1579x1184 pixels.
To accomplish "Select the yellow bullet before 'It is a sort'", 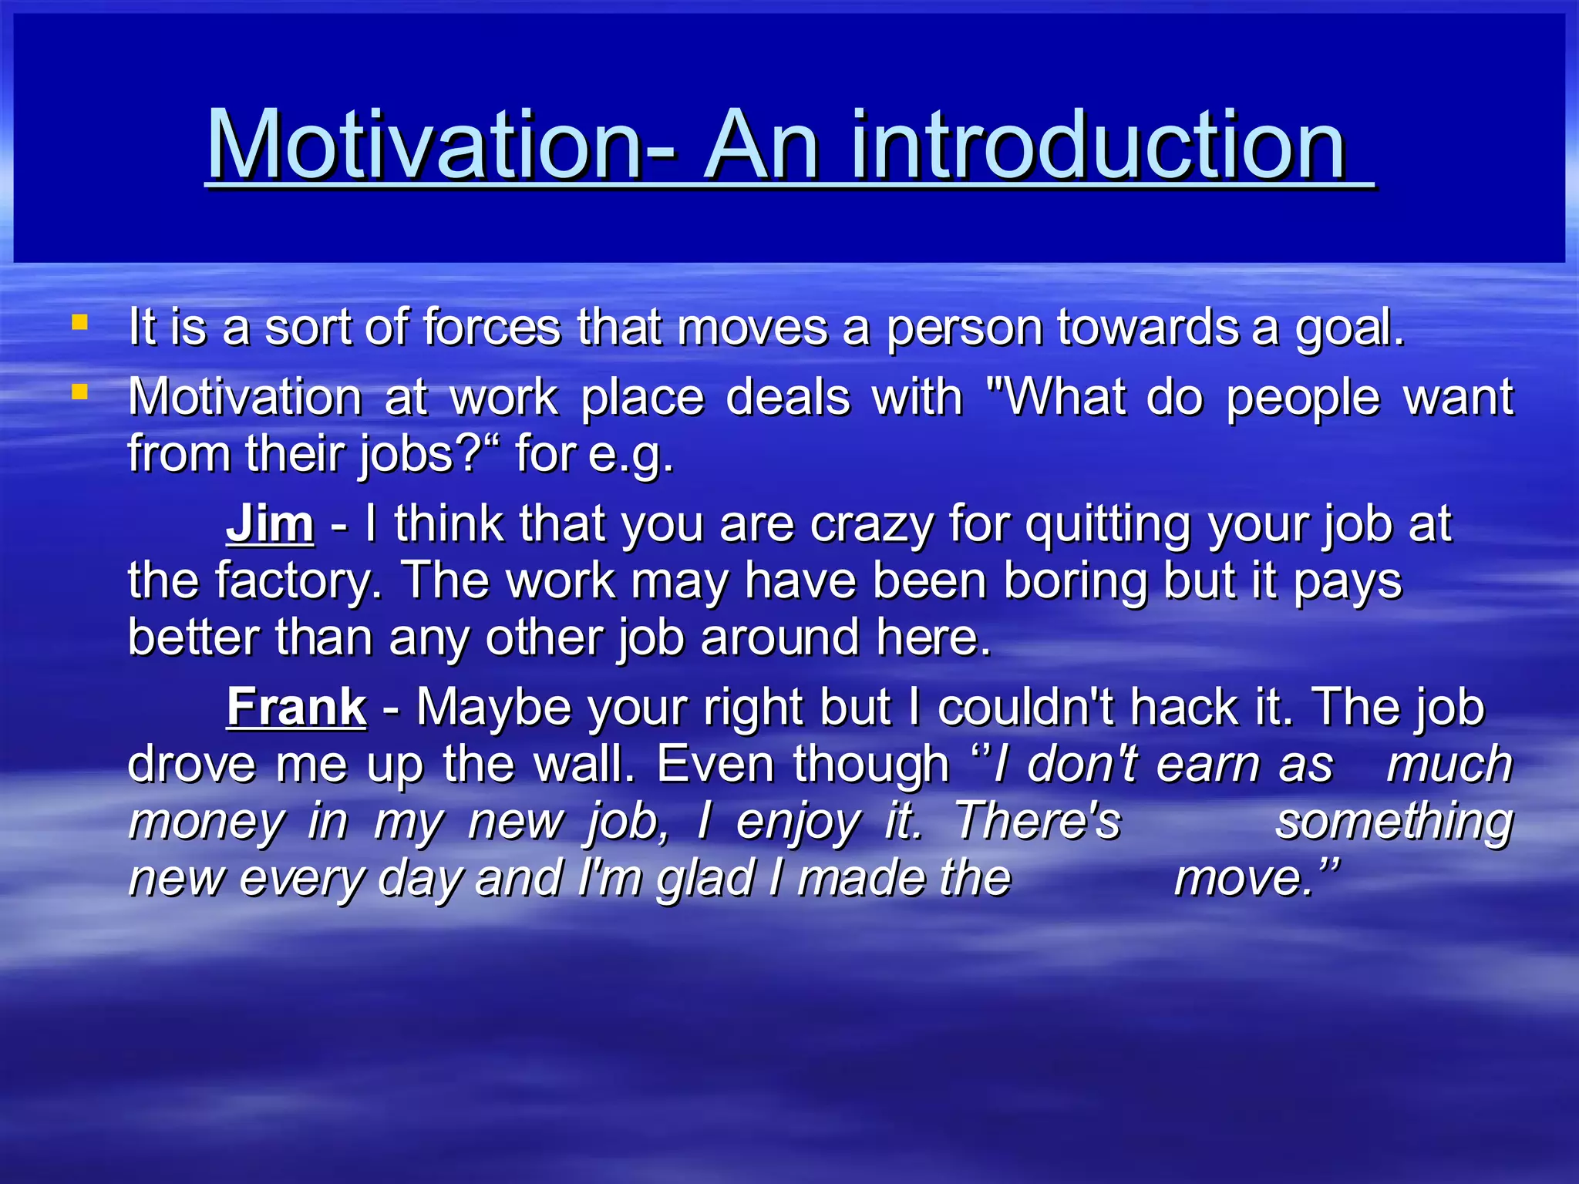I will coord(79,321).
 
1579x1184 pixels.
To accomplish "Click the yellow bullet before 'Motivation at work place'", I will coord(79,392).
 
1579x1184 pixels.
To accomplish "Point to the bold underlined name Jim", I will coord(270,524).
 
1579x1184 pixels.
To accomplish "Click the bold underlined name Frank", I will coord(296,707).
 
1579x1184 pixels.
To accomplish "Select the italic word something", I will coord(1394,821).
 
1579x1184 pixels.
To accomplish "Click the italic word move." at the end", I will coord(1257,878).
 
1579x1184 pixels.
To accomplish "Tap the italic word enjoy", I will coord(798,822).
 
